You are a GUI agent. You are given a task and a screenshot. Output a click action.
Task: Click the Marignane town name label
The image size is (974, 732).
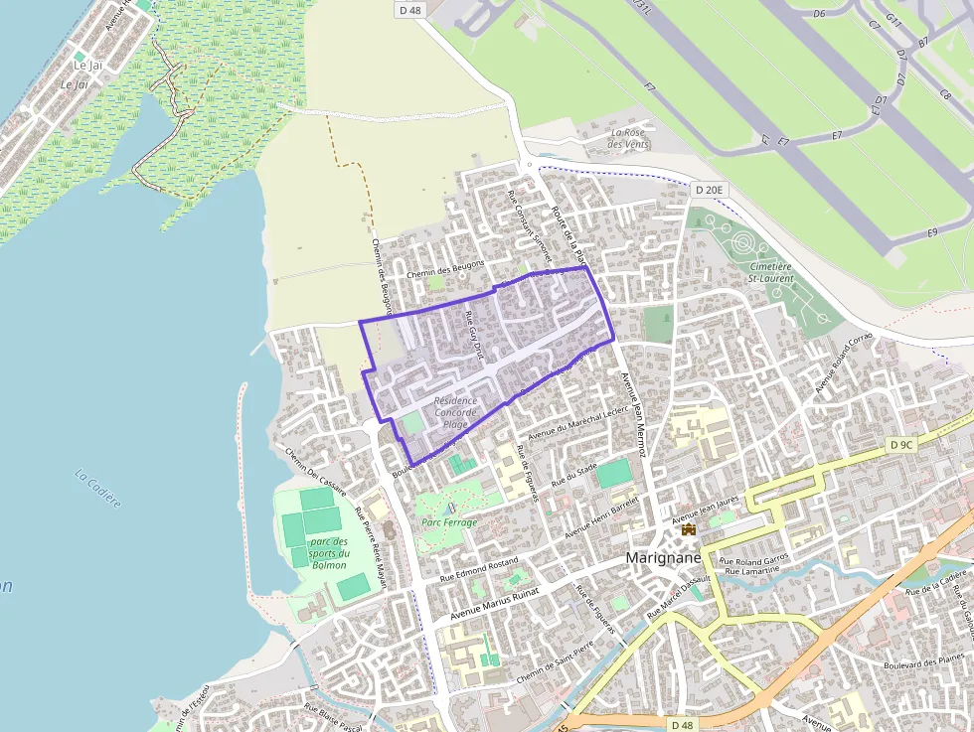tap(664, 558)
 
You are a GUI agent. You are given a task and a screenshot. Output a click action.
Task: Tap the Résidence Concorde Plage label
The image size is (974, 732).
tap(455, 412)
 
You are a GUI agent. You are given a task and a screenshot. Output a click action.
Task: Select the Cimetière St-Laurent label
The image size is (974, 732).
tap(772, 272)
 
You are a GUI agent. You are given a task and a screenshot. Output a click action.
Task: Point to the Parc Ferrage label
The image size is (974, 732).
tap(449, 522)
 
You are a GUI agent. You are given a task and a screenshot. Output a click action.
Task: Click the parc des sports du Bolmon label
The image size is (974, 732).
tap(329, 553)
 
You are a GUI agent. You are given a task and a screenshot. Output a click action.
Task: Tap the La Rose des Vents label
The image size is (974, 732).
tap(628, 138)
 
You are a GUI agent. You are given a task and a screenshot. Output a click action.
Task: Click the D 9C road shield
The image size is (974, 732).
tap(901, 445)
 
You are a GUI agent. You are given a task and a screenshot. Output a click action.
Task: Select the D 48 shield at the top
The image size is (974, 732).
tap(409, 10)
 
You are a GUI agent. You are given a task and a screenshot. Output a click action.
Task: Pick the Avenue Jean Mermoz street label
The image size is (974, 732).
tap(634, 413)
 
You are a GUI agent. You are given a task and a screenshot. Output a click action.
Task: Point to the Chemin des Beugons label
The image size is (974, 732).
tap(445, 268)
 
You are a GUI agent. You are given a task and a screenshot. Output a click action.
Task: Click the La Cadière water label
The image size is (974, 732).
tap(98, 488)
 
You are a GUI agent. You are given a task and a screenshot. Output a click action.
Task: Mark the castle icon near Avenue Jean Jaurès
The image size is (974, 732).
tap(688, 530)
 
